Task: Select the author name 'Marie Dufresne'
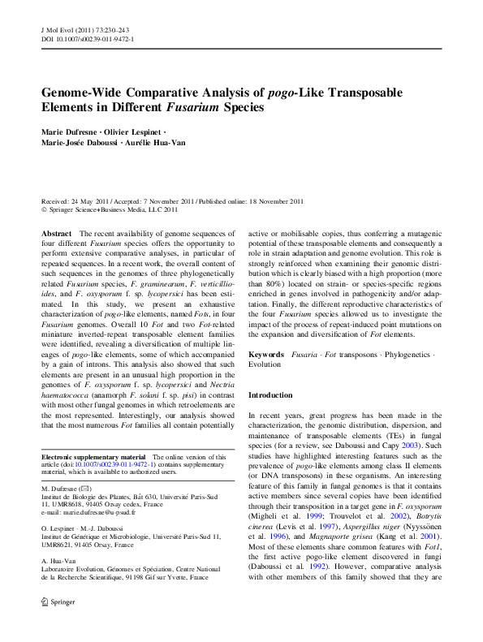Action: point(71,131)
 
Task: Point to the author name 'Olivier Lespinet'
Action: point(134,131)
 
